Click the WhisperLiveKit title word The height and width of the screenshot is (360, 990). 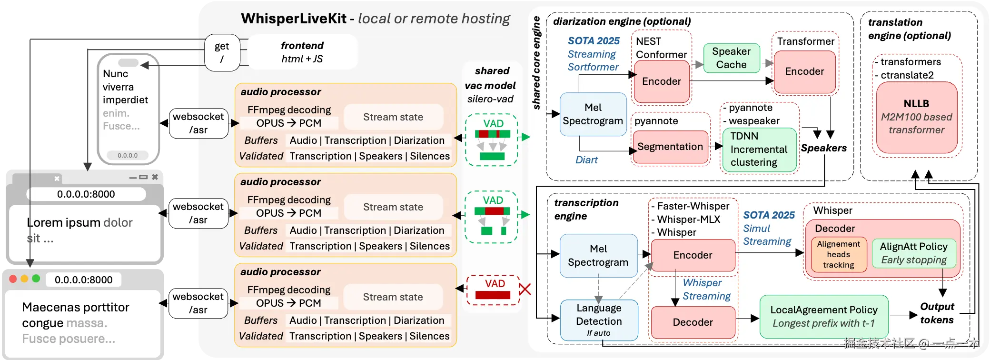[294, 19]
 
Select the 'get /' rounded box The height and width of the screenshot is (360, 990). [222, 52]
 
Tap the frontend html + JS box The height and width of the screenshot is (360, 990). [302, 52]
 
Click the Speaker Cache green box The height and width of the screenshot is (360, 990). [731, 58]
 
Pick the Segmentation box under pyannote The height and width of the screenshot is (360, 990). [670, 147]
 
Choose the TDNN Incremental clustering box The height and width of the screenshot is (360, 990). [759, 150]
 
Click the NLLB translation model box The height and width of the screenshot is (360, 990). [917, 117]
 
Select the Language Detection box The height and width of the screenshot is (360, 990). [599, 320]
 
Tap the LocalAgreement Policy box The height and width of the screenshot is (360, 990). [824, 317]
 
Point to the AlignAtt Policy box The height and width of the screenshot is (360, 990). [914, 253]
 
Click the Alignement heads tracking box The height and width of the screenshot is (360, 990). [839, 254]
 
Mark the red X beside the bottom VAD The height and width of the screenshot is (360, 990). [525, 289]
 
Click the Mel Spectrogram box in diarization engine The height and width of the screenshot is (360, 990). [593, 114]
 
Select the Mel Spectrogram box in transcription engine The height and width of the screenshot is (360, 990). [598, 256]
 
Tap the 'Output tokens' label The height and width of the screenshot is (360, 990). [937, 313]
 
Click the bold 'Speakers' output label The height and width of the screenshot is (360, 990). [823, 148]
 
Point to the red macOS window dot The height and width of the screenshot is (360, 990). [13, 279]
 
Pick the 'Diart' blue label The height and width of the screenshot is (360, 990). [586, 160]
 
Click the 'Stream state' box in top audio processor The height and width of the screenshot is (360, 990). [393, 117]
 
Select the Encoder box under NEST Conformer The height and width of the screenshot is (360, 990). [662, 81]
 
